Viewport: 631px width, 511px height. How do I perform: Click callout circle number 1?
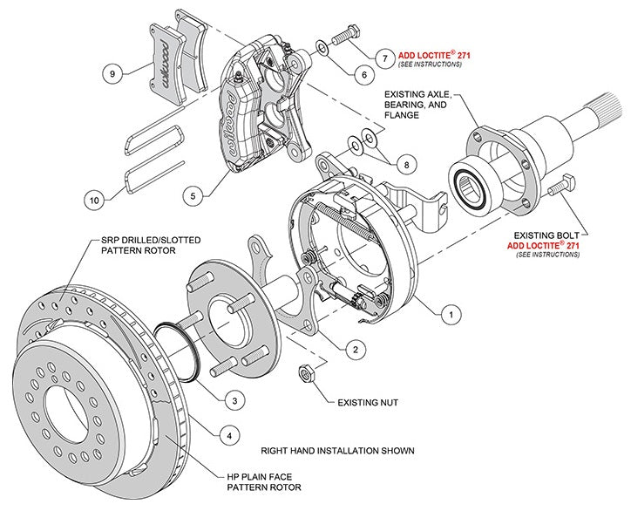451,310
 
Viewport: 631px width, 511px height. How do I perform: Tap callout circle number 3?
233,400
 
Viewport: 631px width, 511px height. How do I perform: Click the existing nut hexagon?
307,374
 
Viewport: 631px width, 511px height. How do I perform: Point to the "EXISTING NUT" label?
367,404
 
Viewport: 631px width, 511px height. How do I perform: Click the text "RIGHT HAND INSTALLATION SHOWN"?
337,451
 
